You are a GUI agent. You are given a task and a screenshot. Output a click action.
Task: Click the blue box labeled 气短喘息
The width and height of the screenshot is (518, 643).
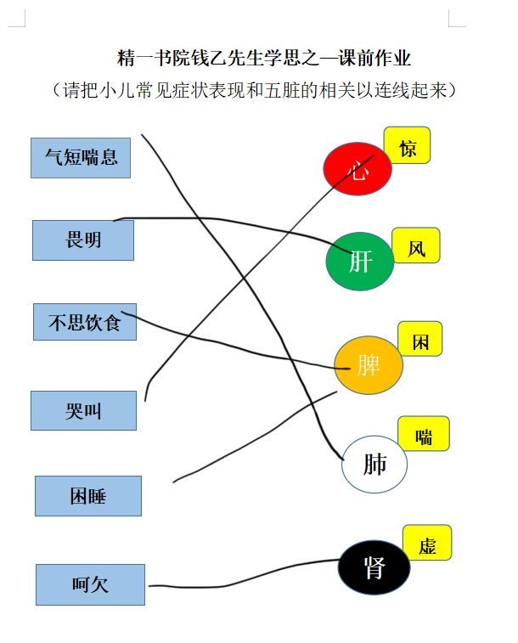(81, 158)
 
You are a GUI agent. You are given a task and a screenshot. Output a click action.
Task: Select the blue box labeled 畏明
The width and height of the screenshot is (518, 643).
(83, 240)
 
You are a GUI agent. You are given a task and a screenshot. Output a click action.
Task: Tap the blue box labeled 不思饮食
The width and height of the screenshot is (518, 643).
(85, 322)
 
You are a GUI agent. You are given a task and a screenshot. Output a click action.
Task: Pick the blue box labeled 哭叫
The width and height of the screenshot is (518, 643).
(83, 410)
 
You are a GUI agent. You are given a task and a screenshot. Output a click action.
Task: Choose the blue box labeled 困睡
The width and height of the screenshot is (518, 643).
(88, 496)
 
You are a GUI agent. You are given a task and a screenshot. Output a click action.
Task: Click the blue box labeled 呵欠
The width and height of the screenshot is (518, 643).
(90, 584)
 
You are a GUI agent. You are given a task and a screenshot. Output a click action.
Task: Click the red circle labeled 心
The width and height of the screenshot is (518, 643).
(358, 168)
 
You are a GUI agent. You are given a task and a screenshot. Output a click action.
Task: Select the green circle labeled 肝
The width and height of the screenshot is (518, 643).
(360, 262)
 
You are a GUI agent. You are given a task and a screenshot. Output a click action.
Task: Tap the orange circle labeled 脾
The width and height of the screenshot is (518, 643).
(369, 365)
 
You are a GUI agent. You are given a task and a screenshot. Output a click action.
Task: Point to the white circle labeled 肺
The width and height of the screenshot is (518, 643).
(374, 464)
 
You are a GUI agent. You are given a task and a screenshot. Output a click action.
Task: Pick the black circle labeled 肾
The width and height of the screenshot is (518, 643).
(374, 567)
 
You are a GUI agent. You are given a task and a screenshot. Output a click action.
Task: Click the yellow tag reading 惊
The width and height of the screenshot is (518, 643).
(407, 145)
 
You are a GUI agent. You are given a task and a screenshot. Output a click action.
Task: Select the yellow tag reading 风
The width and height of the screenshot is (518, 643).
(416, 245)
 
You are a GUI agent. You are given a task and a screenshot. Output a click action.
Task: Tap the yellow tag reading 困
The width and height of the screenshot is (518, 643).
(420, 339)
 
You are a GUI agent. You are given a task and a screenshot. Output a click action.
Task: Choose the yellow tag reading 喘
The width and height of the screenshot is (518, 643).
(424, 434)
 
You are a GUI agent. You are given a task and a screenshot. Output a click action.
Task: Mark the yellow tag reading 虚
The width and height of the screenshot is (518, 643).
(427, 543)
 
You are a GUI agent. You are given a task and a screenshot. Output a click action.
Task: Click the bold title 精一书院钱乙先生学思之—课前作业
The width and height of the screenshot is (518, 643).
(264, 58)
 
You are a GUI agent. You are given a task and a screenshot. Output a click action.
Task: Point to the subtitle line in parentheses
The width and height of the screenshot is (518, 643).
(254, 90)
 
